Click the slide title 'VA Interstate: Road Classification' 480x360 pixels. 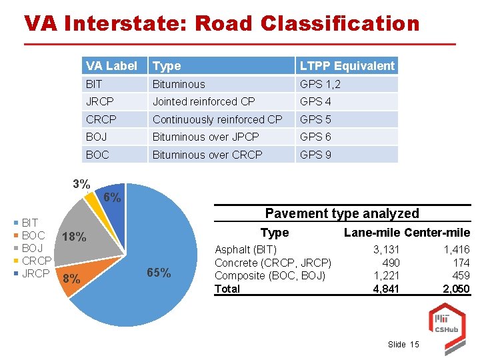click(221, 23)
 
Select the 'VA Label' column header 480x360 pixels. click(111, 65)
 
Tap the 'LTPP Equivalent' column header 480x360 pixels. click(347, 65)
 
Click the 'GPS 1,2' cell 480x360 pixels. click(320, 84)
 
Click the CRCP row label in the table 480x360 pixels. click(101, 119)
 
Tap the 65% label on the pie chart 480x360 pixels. click(158, 273)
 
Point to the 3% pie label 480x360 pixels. click(81, 184)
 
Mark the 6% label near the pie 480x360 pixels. click(112, 197)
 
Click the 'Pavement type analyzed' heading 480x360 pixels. click(342, 213)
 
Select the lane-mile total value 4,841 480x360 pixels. click(386, 289)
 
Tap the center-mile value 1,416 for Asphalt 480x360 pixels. click(457, 250)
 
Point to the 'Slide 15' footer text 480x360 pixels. click(403, 344)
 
